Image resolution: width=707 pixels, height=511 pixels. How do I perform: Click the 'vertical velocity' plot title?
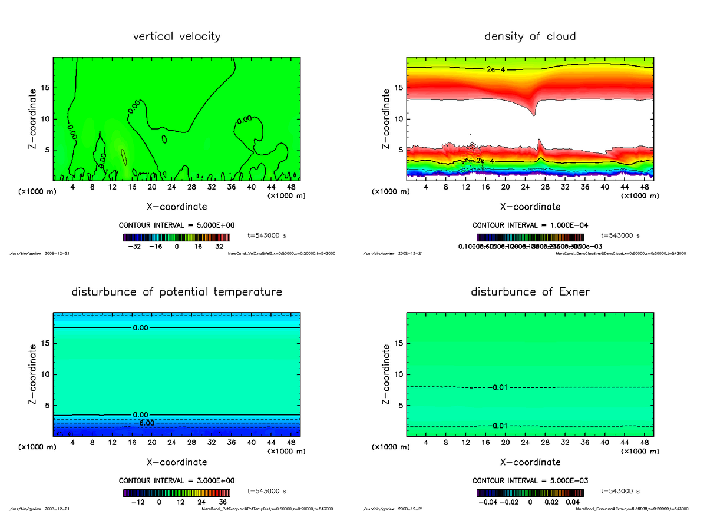tap(177, 36)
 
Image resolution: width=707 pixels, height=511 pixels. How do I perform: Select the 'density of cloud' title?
tap(530, 36)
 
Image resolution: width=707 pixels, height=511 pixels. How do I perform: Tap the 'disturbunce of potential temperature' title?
tap(177, 292)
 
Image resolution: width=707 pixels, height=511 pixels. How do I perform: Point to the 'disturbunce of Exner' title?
tap(530, 292)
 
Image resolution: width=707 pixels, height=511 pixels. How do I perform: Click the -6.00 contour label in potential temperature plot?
tap(143, 423)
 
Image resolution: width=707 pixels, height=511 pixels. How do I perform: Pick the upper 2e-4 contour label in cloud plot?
tap(495, 69)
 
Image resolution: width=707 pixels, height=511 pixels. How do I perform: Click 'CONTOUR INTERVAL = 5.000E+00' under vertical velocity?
tap(177, 225)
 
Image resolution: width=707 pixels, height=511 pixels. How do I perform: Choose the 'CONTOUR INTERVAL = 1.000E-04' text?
tap(530, 225)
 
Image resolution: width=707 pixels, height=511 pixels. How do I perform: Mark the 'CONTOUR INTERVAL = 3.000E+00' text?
tap(177, 481)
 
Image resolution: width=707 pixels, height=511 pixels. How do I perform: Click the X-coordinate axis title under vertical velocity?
tap(177, 207)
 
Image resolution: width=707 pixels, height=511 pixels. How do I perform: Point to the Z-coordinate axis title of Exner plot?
tap(386, 374)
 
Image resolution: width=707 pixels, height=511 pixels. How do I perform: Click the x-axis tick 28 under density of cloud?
tap(546, 187)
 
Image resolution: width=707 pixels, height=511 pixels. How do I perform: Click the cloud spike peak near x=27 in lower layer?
tap(540, 140)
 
